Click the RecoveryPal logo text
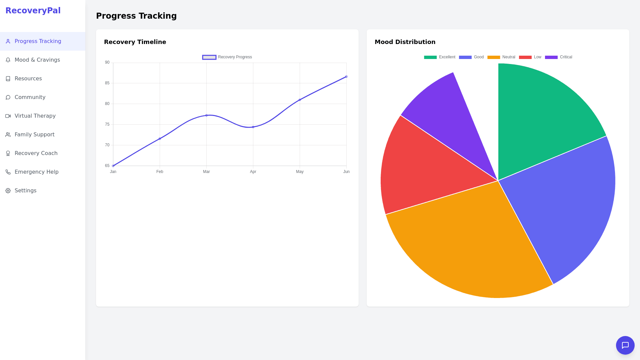pyautogui.click(x=33, y=11)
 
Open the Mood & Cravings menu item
pyautogui.click(x=37, y=60)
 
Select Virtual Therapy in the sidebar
pyautogui.click(x=35, y=116)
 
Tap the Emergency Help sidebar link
pyautogui.click(x=36, y=172)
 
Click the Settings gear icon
pyautogui.click(x=8, y=191)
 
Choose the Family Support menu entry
pyautogui.click(x=34, y=135)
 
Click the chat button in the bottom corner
pyautogui.click(x=625, y=345)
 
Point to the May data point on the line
pyautogui.click(x=300, y=100)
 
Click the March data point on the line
pyautogui.click(x=206, y=115)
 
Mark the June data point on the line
pyautogui.click(x=346, y=77)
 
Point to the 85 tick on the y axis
pyautogui.click(x=107, y=83)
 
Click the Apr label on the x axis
pyautogui.click(x=253, y=172)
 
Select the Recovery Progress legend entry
pyautogui.click(x=227, y=57)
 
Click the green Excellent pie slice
pyautogui.click(x=543, y=117)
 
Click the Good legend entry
pyautogui.click(x=471, y=57)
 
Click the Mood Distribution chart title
pyautogui.click(x=405, y=42)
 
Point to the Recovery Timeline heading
pyautogui.click(x=135, y=42)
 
